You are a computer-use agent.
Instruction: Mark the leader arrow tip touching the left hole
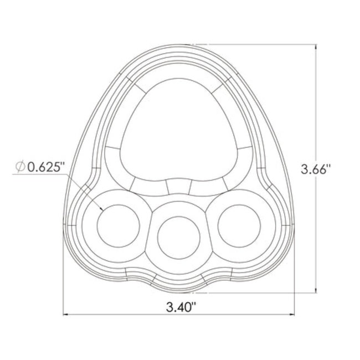click(x=104, y=210)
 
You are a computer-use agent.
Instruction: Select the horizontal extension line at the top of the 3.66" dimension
click(x=260, y=44)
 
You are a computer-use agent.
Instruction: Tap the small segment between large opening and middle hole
click(x=178, y=187)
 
